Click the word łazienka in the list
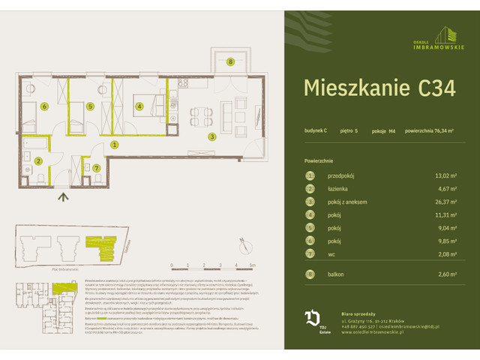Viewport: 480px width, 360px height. (x=340, y=189)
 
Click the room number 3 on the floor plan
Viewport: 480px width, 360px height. (x=212, y=136)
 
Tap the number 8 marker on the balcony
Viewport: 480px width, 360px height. (x=230, y=61)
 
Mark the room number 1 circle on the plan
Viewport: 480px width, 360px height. (x=114, y=144)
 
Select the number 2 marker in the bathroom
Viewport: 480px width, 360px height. (x=37, y=160)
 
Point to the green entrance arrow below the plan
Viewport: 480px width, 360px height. (x=64, y=197)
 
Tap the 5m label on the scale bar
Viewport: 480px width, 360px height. (x=253, y=265)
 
